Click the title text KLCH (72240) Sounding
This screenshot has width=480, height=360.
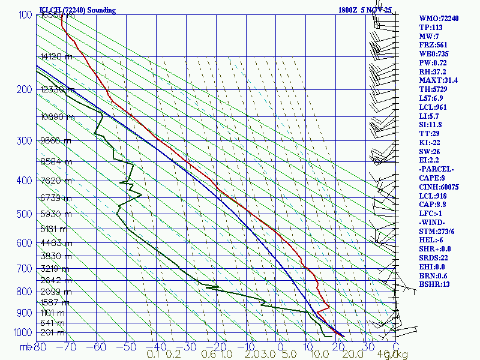(77, 10)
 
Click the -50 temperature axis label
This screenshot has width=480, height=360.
(127, 346)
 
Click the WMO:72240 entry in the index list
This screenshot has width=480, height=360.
(439, 19)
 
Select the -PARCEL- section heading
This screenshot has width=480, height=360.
(436, 169)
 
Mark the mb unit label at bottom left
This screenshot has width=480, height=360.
(25, 346)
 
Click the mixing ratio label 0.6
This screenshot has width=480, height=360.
(209, 355)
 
